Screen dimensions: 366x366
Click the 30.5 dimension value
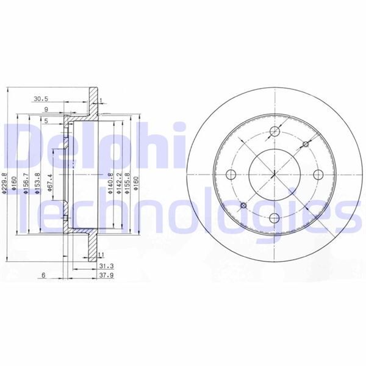tap(41, 98)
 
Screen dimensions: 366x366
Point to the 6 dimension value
tap(44, 276)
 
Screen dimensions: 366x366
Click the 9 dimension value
tap(46, 110)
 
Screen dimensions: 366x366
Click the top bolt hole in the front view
tap(274, 131)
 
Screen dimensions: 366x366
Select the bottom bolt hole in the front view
tap(274, 218)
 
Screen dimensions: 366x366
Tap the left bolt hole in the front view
tap(231, 174)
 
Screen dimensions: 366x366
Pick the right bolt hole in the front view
tap(318, 174)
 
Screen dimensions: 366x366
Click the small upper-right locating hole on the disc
tap(306, 144)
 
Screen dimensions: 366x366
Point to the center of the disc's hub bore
tap(274, 174)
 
